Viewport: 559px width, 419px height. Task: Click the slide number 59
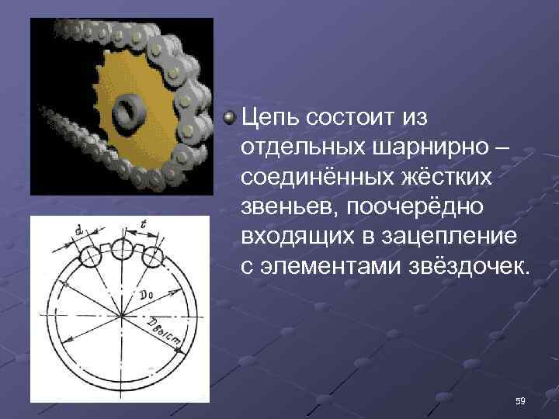point(520,400)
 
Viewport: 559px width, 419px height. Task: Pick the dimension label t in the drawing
point(144,224)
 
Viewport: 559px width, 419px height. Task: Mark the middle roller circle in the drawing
point(122,250)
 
